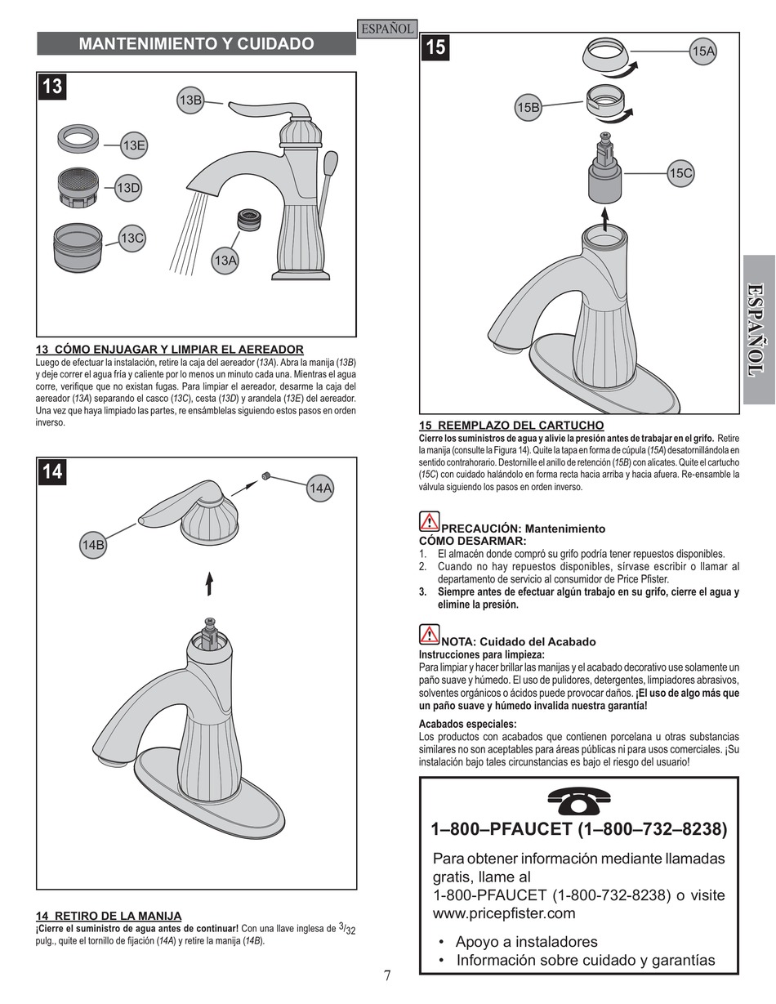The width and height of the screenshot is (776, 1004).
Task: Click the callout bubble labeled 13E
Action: [x=134, y=145]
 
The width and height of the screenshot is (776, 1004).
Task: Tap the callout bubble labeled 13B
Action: [x=190, y=100]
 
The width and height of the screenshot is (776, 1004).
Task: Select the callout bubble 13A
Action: [x=225, y=261]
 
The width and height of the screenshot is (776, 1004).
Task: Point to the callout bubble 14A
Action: [x=321, y=489]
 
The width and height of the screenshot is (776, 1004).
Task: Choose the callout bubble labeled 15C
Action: [x=680, y=173]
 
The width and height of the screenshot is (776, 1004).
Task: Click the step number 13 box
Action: [x=51, y=87]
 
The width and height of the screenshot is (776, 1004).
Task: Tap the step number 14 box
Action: [x=51, y=471]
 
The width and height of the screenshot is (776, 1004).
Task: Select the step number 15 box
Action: [x=435, y=47]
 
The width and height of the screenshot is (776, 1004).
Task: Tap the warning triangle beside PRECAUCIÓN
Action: [x=430, y=521]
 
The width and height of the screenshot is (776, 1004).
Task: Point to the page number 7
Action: [x=388, y=975]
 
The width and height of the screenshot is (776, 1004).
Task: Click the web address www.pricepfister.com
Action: [x=504, y=913]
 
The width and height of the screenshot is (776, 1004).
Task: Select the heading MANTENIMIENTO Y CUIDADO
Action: [x=196, y=44]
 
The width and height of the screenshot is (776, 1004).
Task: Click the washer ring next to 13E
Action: [x=79, y=136]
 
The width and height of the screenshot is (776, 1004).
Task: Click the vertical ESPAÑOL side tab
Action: [x=759, y=330]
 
